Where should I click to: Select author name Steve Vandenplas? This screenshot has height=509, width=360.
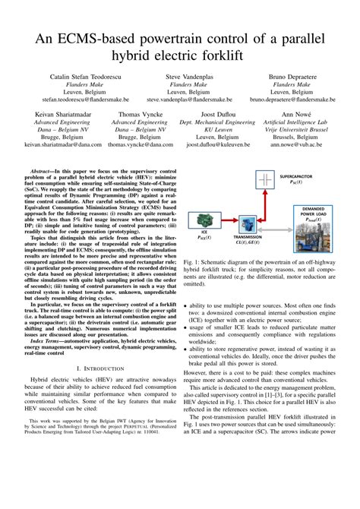tap(181, 77)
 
